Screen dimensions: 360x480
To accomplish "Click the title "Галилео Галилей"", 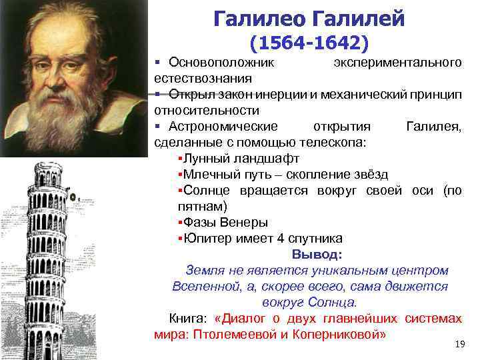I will [x=309, y=19].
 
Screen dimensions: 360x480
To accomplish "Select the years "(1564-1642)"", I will [x=309, y=43].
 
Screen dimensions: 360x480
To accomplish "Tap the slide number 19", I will [x=459, y=344].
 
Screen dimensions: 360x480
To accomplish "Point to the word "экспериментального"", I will [x=397, y=63].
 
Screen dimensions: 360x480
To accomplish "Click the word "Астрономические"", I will [x=214, y=127].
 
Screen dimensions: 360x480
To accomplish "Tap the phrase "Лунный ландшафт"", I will [x=241, y=159].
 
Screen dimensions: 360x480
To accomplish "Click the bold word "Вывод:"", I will [x=317, y=254].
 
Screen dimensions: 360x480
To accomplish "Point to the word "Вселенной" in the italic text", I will [x=199, y=286].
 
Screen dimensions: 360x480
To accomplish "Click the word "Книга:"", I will [x=189, y=318].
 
